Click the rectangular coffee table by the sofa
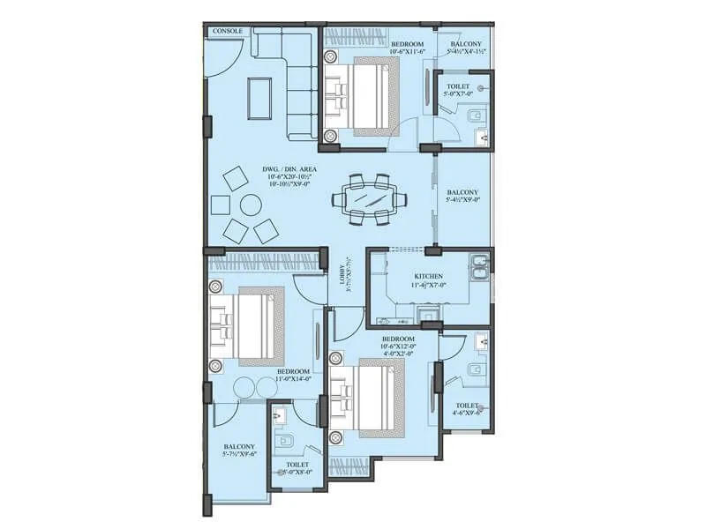coord(259,97)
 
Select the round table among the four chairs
coord(249,205)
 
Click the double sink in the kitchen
coord(479,265)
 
